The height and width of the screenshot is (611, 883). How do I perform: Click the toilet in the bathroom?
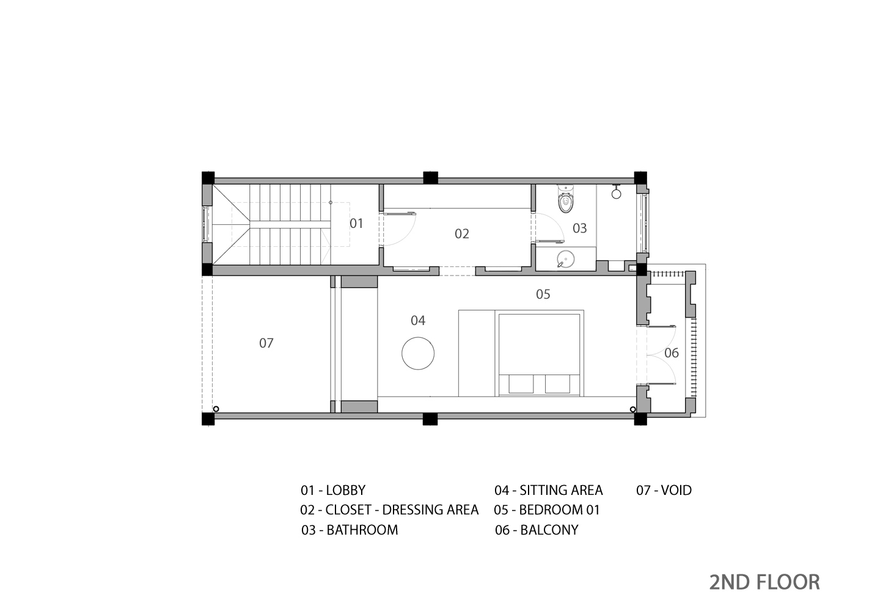coord(566,200)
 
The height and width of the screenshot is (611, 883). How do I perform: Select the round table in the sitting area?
coord(418,353)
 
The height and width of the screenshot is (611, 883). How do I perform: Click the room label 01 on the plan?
coord(356,224)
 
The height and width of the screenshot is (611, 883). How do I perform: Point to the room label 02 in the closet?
coord(462,234)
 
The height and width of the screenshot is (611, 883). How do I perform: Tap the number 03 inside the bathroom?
coord(579,229)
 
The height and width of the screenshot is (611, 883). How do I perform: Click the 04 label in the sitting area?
coord(418,321)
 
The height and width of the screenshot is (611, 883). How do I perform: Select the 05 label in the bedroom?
coord(543,295)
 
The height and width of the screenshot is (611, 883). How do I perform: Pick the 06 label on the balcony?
coord(671,353)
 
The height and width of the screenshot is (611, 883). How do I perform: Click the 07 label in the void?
coord(266,343)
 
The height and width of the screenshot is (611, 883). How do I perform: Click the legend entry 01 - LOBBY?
coord(333,490)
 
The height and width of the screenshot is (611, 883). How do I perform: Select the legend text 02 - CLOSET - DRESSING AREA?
coord(389,510)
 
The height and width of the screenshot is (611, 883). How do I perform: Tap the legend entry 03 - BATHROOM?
coord(350,530)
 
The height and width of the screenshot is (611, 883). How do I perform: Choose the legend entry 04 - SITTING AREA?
coord(548,490)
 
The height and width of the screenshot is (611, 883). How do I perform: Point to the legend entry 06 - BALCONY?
coord(537,530)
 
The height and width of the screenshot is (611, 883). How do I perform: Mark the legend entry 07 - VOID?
coord(664,490)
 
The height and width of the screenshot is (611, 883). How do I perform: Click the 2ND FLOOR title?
coord(764,582)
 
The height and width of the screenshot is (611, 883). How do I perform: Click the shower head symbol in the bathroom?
coord(616,193)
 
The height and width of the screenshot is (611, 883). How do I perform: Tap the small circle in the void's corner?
coord(216,409)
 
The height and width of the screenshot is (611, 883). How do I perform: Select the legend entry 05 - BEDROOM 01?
coord(547,510)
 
